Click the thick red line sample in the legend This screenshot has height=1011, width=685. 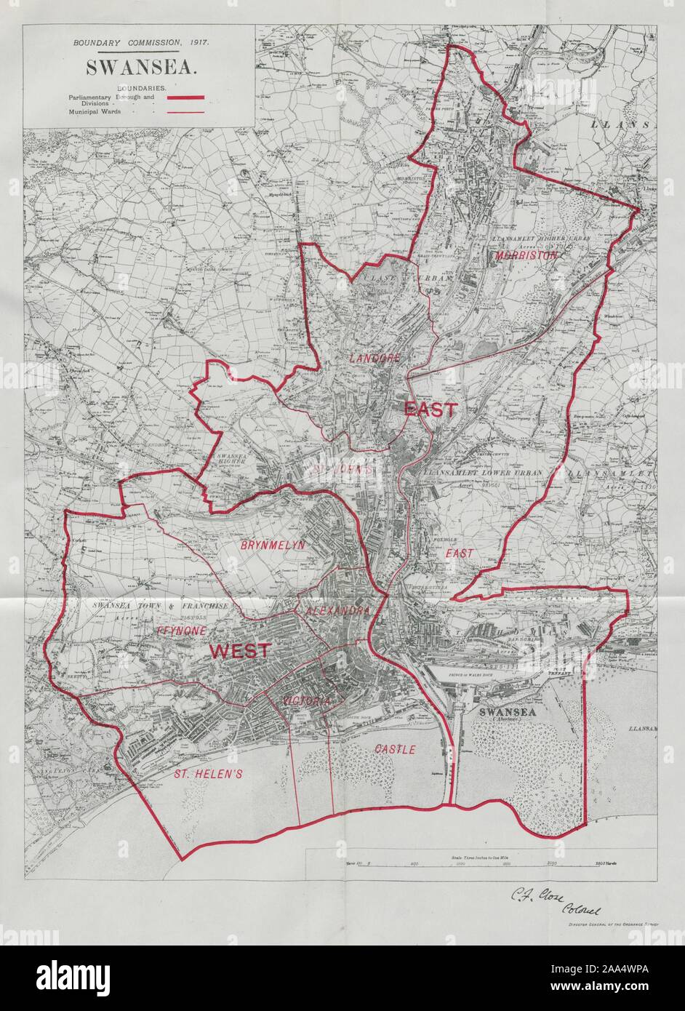coord(188,97)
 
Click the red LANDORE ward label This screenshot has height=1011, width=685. coord(374,359)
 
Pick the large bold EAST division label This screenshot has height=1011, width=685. coord(430,409)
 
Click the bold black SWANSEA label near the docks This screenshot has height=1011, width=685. coord(507,712)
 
